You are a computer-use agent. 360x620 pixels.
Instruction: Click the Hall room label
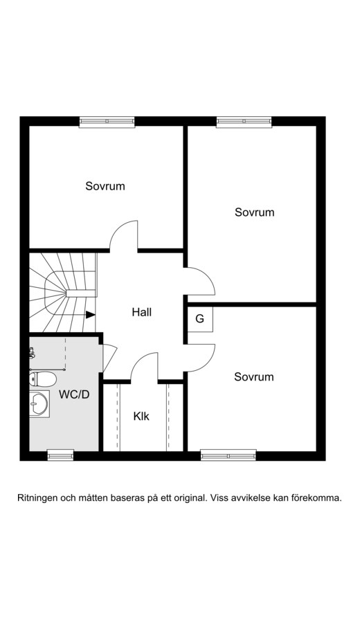point(142,312)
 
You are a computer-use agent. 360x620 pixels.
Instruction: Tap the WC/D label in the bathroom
point(74,394)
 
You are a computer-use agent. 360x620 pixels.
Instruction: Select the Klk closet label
point(141,416)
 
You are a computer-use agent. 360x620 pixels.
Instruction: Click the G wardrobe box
point(200,319)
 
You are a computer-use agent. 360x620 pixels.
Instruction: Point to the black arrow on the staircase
point(91,315)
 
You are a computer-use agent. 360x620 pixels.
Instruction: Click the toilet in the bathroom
point(43,379)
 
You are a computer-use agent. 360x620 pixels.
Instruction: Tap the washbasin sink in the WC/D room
point(39,403)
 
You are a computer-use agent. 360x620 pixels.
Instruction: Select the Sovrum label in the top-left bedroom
point(105,186)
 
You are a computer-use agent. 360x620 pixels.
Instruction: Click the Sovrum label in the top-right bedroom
point(254,212)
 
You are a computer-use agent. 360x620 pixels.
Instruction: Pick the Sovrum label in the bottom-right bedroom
point(254,376)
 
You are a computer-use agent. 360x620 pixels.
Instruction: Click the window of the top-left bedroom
point(107,122)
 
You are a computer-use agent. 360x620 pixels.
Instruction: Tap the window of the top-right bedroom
point(244,122)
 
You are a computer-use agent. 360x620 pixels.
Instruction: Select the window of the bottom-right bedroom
point(228,455)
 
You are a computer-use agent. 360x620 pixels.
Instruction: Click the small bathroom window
point(60,455)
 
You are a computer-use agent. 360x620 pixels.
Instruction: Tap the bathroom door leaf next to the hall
point(110,357)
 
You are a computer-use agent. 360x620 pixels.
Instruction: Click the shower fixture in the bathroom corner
point(32,353)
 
